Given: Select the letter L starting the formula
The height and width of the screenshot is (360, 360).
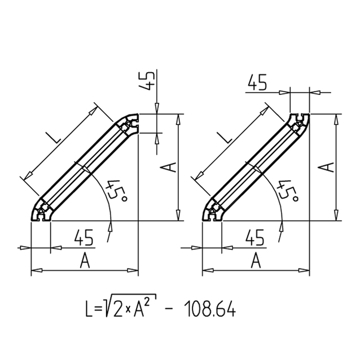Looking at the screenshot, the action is [x=89, y=309].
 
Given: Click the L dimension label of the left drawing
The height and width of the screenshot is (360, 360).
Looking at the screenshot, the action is [x=54, y=138].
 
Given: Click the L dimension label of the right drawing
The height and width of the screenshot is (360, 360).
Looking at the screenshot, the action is [x=226, y=137].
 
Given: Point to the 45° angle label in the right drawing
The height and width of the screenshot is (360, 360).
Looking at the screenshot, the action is [x=288, y=191].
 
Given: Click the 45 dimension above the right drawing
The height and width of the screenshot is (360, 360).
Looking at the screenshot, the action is [x=257, y=82].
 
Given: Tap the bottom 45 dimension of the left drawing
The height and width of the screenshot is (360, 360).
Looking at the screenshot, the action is [x=84, y=237].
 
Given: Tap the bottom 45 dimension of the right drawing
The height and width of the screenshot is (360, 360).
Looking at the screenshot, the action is [x=255, y=237].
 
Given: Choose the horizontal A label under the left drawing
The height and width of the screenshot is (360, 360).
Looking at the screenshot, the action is [x=85, y=261].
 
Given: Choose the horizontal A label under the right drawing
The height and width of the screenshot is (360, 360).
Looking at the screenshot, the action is [x=256, y=261].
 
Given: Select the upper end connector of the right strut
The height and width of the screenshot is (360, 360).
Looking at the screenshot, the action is [x=299, y=125].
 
